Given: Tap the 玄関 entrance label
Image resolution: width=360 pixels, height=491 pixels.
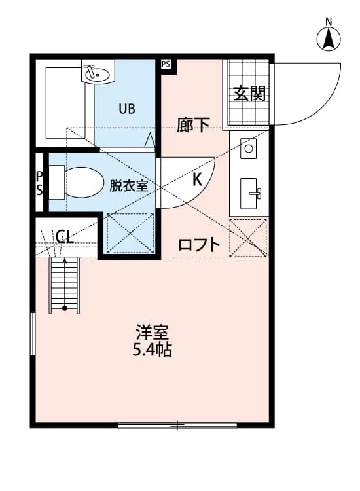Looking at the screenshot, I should coord(249,94).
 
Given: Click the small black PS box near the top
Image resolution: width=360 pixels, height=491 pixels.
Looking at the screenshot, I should coord(166,64).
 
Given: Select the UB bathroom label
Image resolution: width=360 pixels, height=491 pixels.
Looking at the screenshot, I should coord(127,109).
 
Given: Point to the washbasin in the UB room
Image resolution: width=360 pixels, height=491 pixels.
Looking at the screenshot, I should coord(98,73).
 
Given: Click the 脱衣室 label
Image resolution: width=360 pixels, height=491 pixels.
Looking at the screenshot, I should coord(128,185).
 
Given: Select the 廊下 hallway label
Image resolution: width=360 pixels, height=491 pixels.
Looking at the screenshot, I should coord(193,125).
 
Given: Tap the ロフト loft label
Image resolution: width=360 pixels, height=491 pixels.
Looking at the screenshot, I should coord(200,245).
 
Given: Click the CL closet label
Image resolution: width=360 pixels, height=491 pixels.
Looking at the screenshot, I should coord(65,236).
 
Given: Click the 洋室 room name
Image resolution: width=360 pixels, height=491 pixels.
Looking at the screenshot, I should coord(152,331).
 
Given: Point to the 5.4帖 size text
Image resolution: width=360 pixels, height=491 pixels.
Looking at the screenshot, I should coord(152,350).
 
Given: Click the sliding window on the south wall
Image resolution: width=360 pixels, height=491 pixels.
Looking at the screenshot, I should coord(177,426).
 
